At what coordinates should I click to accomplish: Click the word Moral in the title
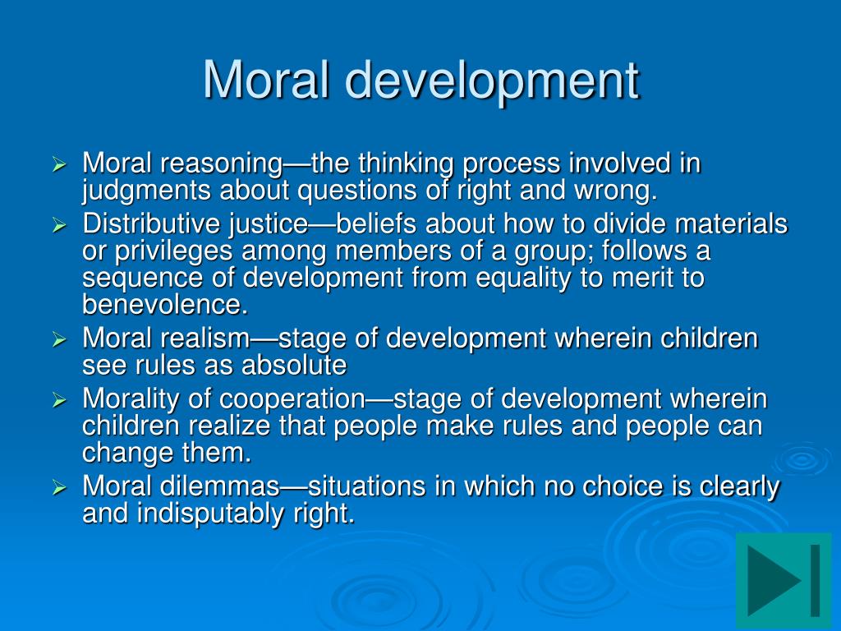[266, 80]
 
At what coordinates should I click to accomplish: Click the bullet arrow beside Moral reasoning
[59, 165]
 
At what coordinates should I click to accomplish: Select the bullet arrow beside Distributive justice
[59, 224]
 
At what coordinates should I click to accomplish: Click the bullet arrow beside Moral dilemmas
[59, 488]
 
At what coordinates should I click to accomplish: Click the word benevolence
[163, 306]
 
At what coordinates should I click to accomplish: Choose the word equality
[526, 279]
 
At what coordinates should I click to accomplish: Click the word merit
[631, 279]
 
